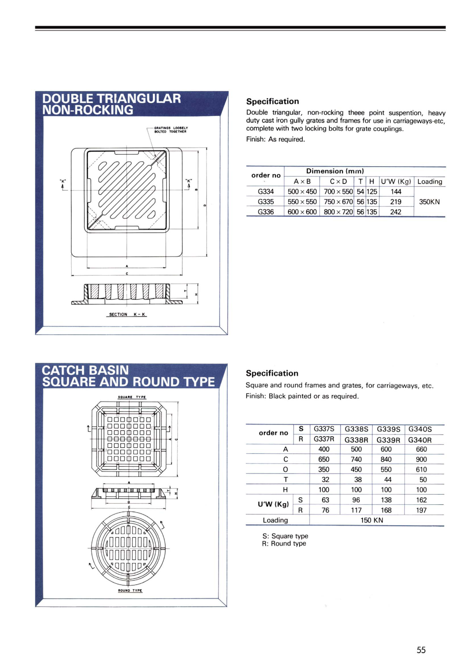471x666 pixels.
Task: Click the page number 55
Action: click(421, 650)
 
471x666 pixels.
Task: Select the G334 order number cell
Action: click(265, 191)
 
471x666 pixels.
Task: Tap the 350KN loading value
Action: click(429, 202)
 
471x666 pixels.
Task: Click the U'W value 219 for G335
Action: click(396, 202)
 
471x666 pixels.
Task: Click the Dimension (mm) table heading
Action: click(335, 171)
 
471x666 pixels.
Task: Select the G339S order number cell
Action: click(388, 429)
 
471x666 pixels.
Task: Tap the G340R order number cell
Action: click(420, 440)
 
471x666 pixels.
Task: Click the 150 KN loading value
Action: click(372, 520)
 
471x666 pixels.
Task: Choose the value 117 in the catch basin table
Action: click(356, 510)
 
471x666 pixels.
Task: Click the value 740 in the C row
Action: click(356, 459)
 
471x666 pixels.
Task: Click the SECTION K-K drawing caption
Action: click(127, 314)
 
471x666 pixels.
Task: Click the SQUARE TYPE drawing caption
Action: click(132, 397)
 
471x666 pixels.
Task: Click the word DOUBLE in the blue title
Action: click(67, 99)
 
